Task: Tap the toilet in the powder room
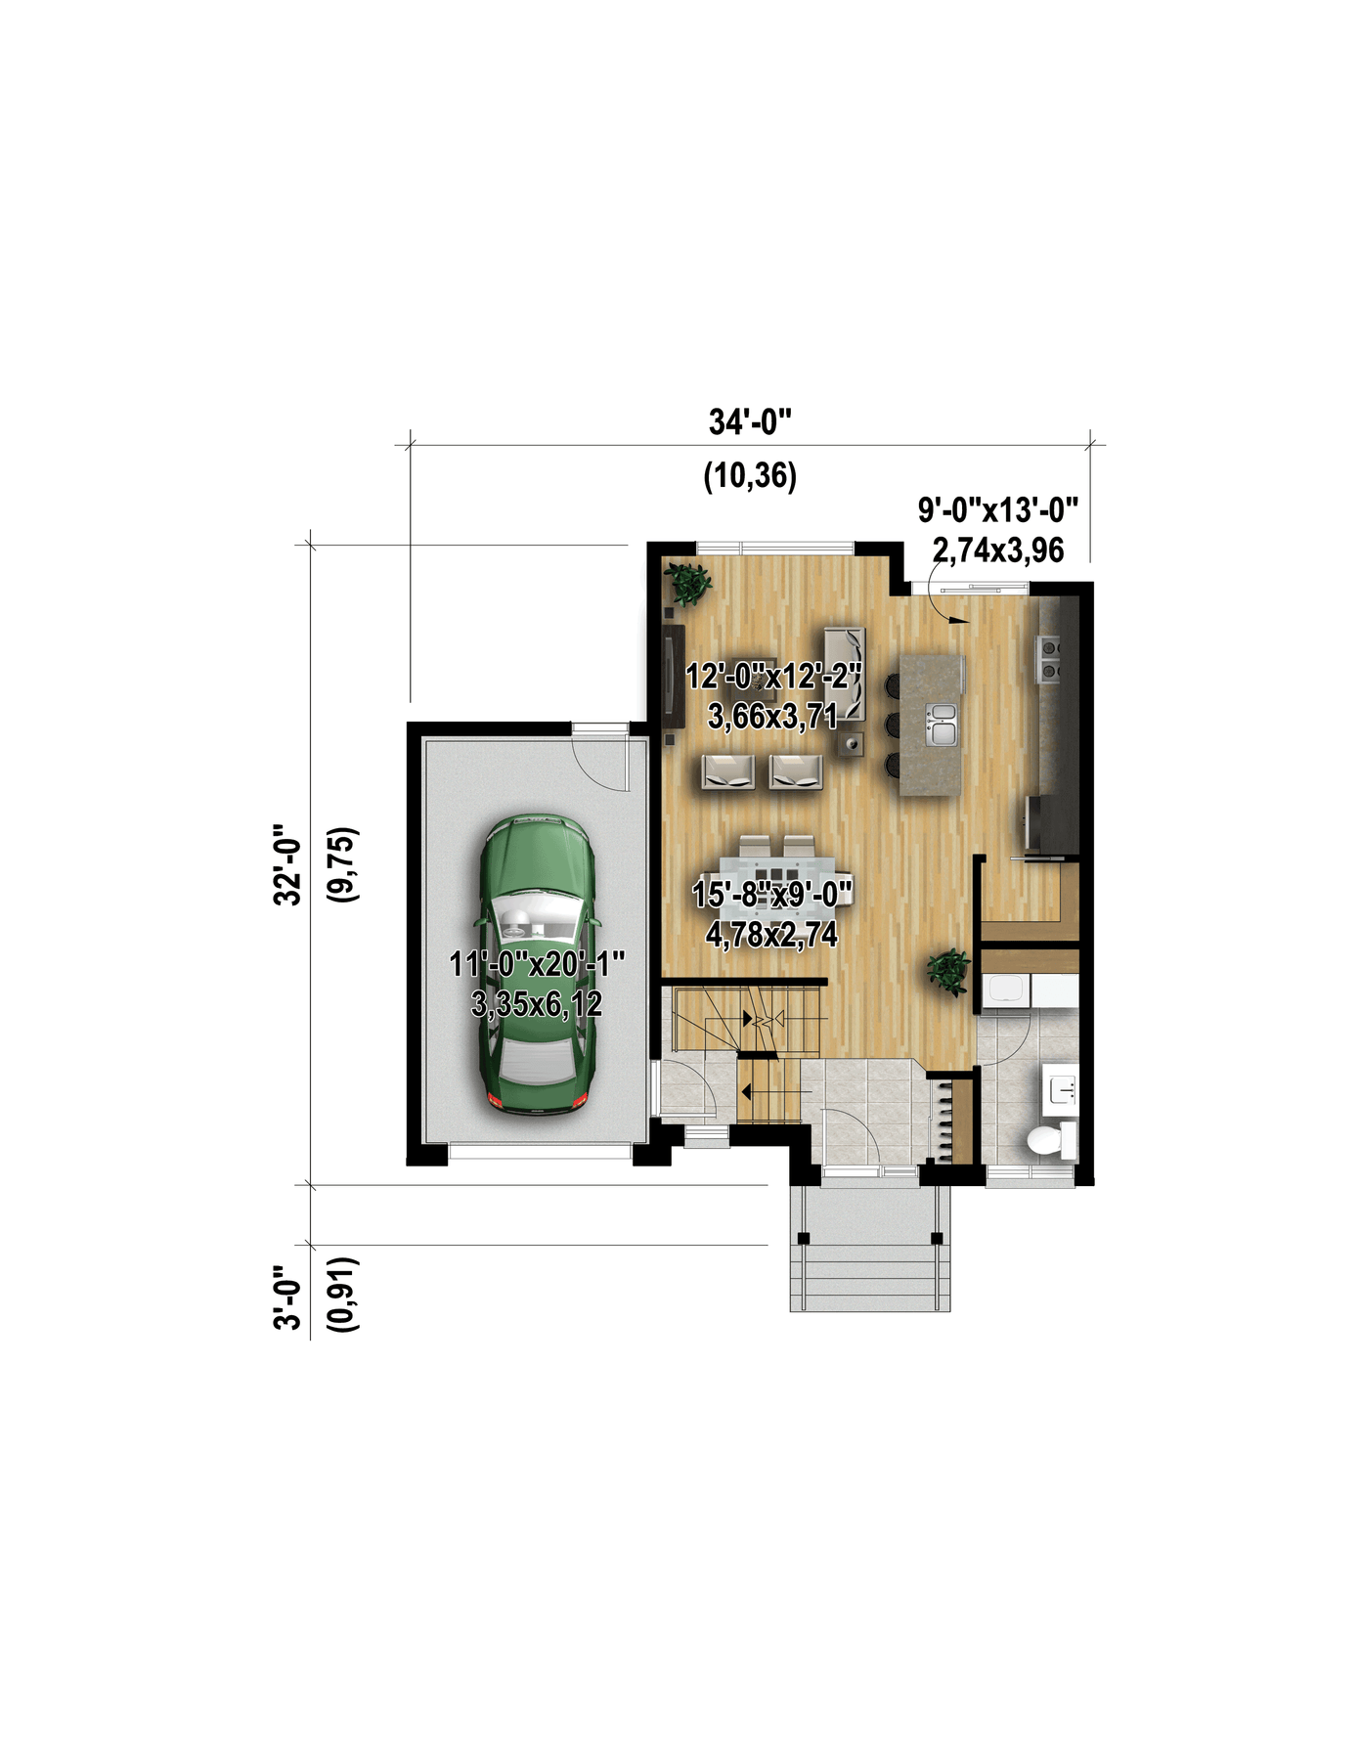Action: pos(1051,1140)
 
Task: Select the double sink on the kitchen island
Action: pos(943,725)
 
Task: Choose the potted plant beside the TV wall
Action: pos(689,584)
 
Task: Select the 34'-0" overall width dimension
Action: pos(750,422)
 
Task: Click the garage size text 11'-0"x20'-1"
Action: pos(537,964)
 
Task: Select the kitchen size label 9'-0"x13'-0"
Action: pos(997,509)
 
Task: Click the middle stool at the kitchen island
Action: pos(893,725)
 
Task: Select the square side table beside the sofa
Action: pos(853,744)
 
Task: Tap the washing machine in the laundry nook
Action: pos(1005,990)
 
